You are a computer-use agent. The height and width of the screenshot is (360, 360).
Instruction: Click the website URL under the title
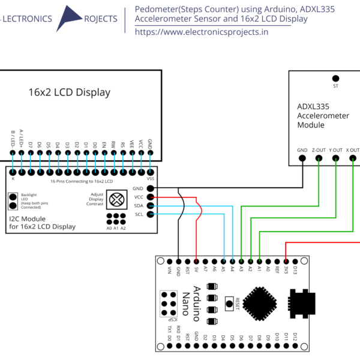(x=202, y=32)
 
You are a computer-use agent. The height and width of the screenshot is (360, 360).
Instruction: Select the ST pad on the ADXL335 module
(x=335, y=78)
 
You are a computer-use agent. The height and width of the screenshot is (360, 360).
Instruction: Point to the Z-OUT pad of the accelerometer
(x=319, y=159)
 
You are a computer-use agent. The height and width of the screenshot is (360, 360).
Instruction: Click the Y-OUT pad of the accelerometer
(x=335, y=159)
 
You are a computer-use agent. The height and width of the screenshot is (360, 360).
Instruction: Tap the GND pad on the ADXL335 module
(x=302, y=159)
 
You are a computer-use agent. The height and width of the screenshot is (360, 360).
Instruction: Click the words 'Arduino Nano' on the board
(x=190, y=303)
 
